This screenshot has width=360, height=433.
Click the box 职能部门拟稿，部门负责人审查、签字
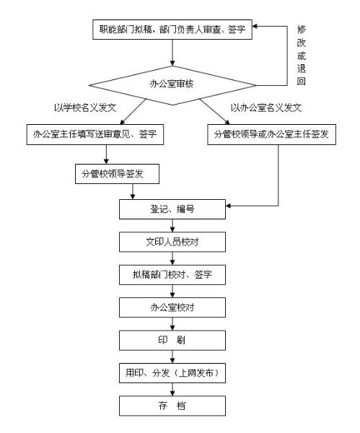click(x=172, y=30)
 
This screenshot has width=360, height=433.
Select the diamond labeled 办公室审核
click(x=172, y=85)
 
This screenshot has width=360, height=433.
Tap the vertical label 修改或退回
click(x=301, y=55)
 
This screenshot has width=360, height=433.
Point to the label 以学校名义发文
click(x=85, y=108)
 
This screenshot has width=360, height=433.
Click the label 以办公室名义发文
click(x=266, y=108)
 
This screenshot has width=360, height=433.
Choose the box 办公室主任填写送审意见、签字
click(x=95, y=134)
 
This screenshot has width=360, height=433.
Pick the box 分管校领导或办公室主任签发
click(x=272, y=134)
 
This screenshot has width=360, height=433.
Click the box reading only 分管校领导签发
click(x=117, y=174)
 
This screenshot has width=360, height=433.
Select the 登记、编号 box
click(x=172, y=209)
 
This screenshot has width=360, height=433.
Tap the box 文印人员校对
click(x=172, y=242)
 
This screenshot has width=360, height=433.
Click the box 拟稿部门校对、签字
click(x=172, y=275)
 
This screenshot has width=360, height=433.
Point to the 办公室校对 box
click(x=172, y=307)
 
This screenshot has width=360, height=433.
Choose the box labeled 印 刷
click(x=172, y=340)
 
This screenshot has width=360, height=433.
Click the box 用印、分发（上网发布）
click(x=172, y=373)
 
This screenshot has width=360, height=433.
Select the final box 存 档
click(x=172, y=406)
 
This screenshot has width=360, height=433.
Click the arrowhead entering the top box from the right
click(x=255, y=26)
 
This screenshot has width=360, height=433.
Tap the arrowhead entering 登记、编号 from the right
click(x=228, y=206)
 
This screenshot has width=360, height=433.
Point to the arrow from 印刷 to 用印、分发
click(x=172, y=357)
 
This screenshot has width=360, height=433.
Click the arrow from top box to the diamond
click(x=172, y=53)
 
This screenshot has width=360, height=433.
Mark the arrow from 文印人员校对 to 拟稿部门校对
click(x=172, y=258)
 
